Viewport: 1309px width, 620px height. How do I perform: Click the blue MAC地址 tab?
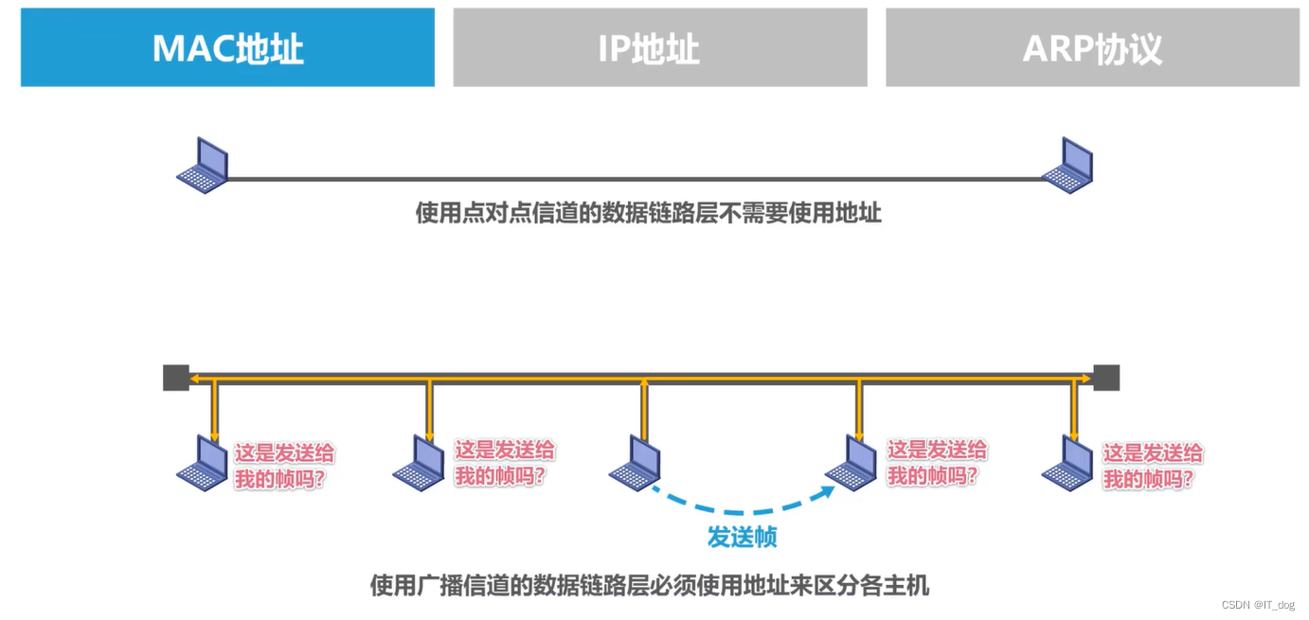[x=227, y=47]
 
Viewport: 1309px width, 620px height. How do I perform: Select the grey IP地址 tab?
[x=659, y=47]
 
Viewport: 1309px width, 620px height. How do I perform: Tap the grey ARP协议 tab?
[x=1091, y=47]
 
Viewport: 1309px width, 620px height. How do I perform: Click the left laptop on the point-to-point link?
[x=203, y=166]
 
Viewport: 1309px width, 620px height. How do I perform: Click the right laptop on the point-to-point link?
[x=1067, y=166]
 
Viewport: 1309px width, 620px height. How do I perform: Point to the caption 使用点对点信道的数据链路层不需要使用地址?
[x=648, y=213]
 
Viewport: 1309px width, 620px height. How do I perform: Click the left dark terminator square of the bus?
[x=176, y=378]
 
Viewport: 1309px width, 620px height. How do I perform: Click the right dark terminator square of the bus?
[x=1106, y=378]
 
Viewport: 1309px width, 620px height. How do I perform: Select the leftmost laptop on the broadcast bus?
[x=203, y=463]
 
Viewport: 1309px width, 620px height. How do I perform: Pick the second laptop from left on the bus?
[x=419, y=463]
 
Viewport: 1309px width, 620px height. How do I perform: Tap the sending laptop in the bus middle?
[x=635, y=463]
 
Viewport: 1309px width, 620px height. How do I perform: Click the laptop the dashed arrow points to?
[x=851, y=463]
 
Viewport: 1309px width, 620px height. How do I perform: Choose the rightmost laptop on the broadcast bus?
[x=1067, y=463]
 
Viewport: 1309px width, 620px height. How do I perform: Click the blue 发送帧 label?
[x=742, y=538]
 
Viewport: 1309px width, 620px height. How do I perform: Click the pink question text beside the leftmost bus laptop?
[x=284, y=466]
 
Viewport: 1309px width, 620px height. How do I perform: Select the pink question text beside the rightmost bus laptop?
[x=1153, y=466]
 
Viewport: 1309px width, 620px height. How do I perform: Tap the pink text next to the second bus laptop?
[x=504, y=463]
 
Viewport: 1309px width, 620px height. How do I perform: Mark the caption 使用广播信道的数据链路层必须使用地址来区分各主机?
[x=649, y=586]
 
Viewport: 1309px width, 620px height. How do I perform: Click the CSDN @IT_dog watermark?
[x=1257, y=605]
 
